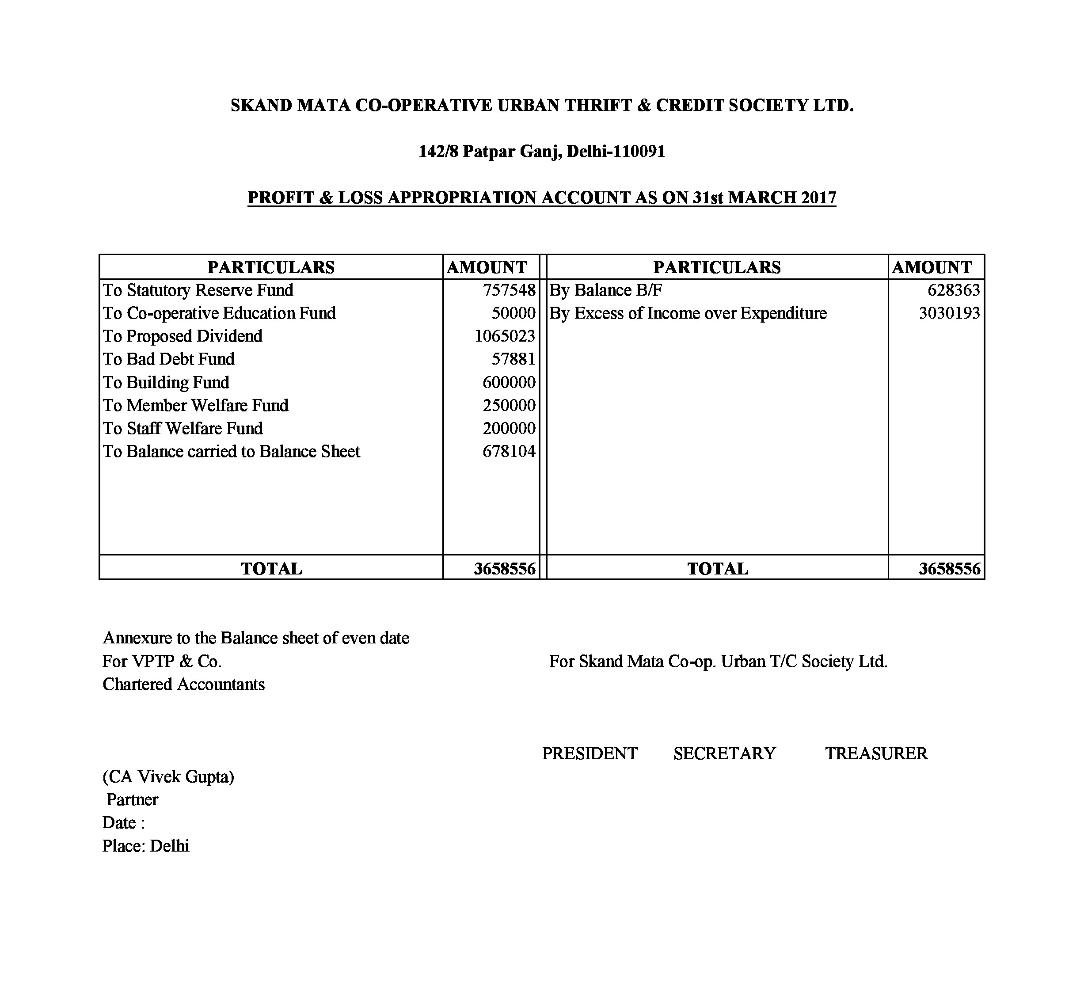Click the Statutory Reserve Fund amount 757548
coord(509,290)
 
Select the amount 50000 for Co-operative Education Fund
coord(513,313)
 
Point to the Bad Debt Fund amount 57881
coord(513,359)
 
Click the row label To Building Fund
coord(166,382)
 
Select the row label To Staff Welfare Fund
coord(183,429)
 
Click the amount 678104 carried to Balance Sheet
coord(509,451)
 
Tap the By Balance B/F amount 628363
coord(953,290)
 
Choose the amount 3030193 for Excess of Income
coord(949,313)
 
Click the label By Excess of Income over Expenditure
coord(688,313)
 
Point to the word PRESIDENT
coord(590,753)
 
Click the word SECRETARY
coord(724,753)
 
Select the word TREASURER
coord(876,753)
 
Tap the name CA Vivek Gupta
coord(168,776)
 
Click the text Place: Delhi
coord(146,846)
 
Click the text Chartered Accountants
coord(183,684)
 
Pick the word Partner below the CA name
coord(132,800)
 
